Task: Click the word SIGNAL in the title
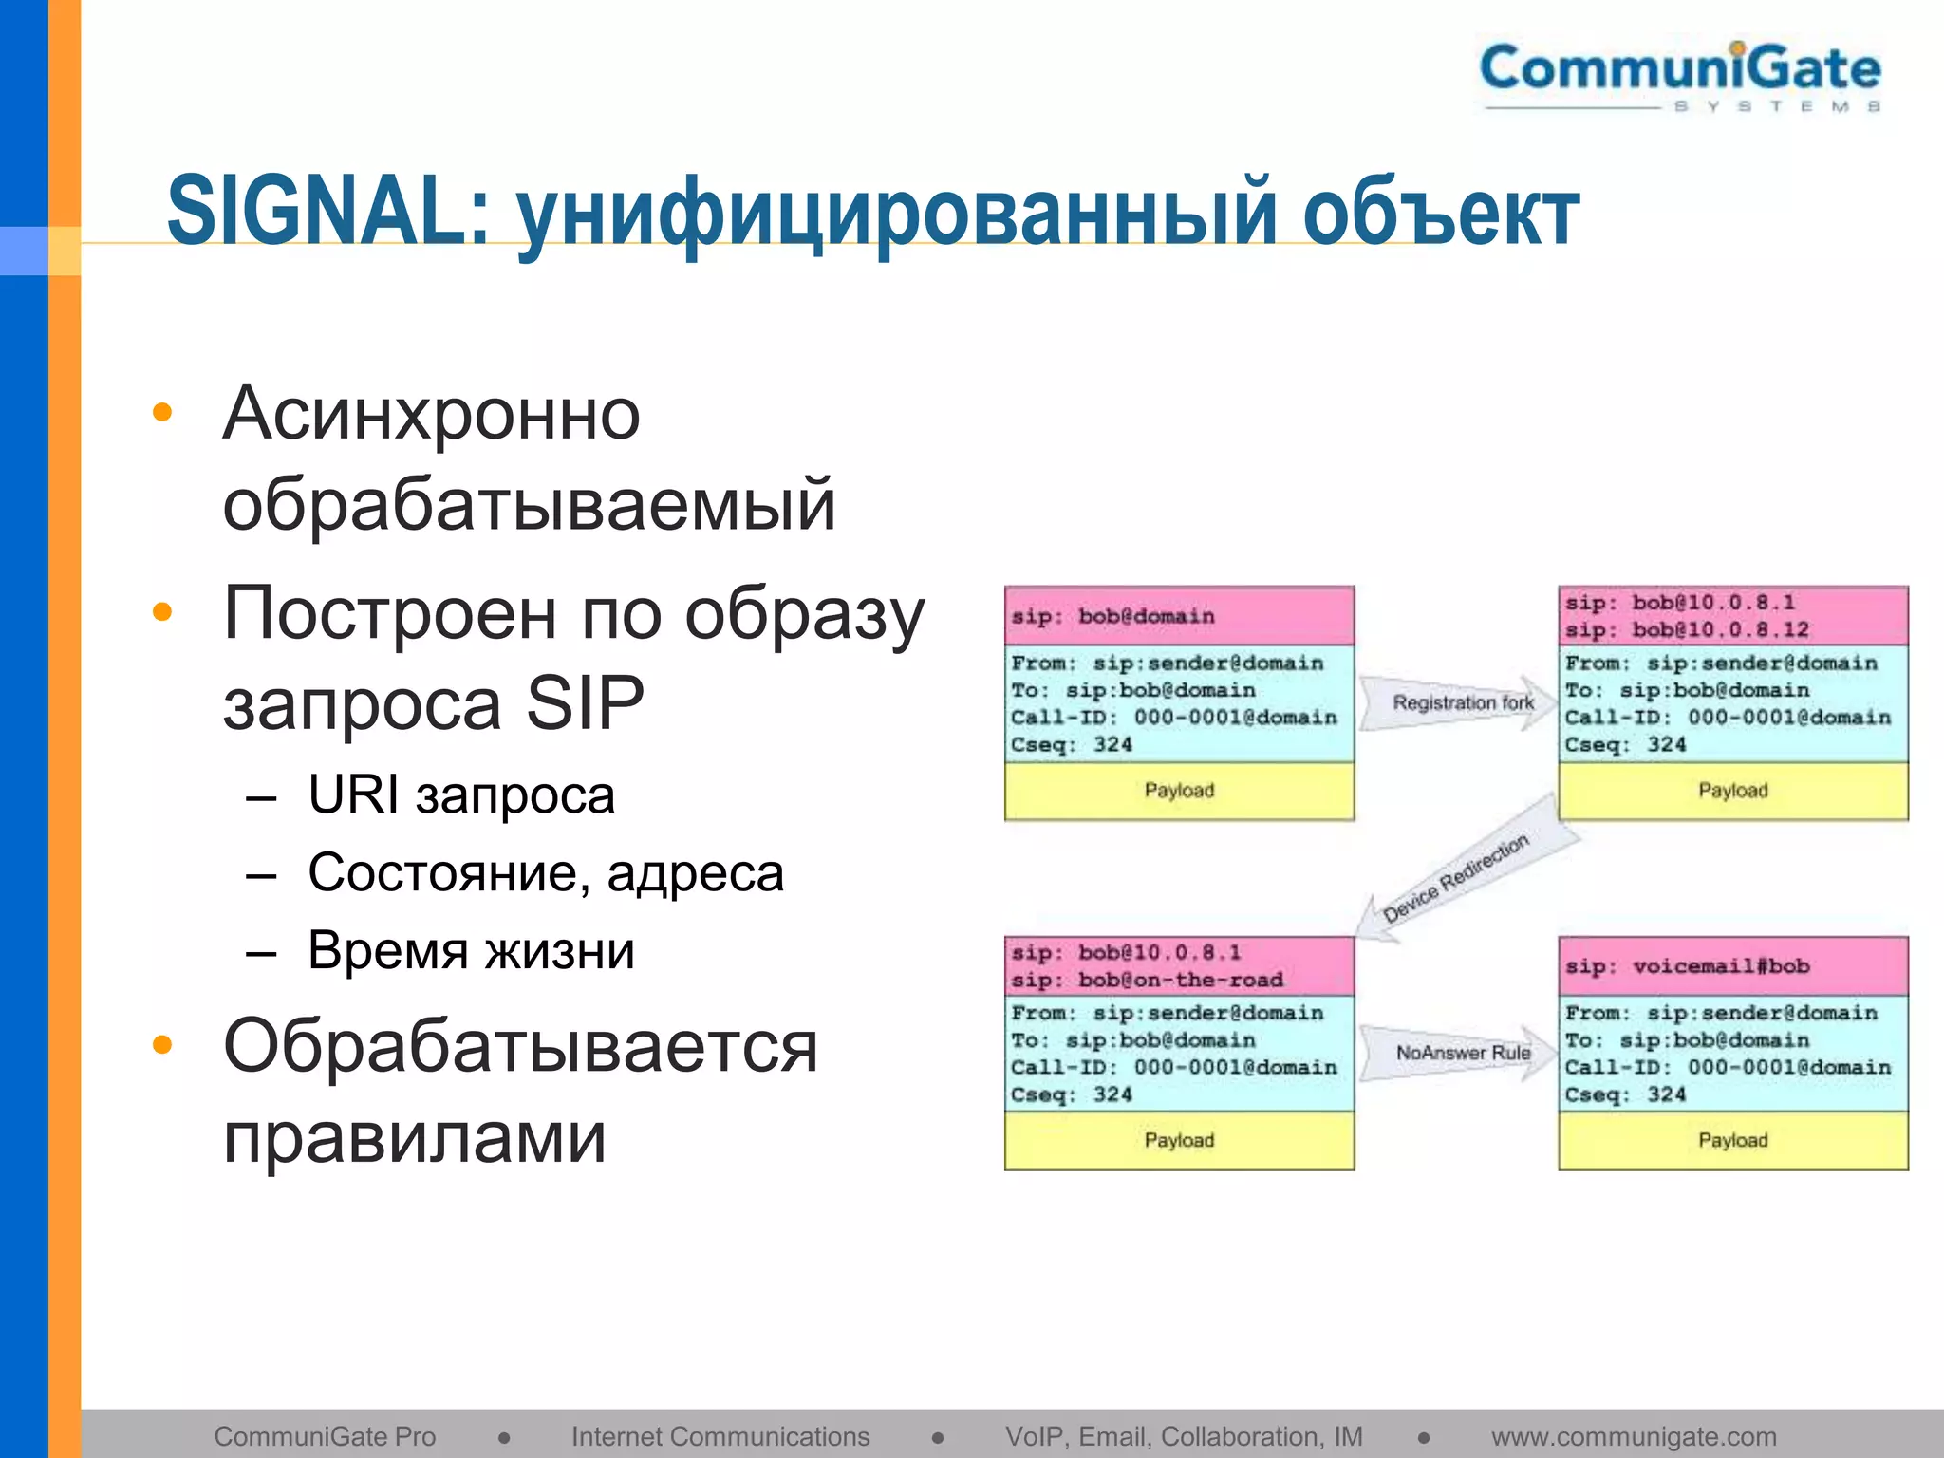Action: (327, 211)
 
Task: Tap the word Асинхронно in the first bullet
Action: (432, 414)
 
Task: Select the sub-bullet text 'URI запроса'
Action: (461, 794)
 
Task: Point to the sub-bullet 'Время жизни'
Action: (471, 950)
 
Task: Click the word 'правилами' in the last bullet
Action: (415, 1136)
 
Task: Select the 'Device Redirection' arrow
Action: (1457, 875)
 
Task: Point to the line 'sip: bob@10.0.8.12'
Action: (1687, 629)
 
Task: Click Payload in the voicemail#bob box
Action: (1732, 1140)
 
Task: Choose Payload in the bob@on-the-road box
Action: (1179, 1140)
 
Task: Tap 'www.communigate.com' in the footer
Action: (1634, 1436)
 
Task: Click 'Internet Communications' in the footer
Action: (720, 1436)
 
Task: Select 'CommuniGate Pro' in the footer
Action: (325, 1436)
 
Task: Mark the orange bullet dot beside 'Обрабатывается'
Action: (162, 1045)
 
